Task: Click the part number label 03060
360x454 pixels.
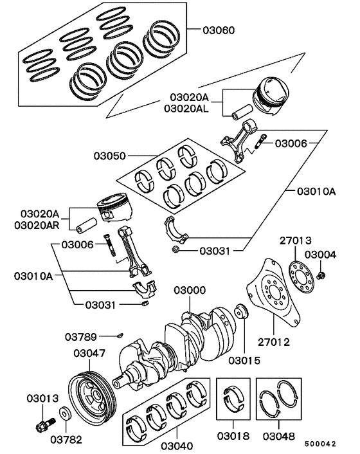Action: pyautogui.click(x=219, y=30)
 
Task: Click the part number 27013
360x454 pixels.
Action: pyautogui.click(x=294, y=241)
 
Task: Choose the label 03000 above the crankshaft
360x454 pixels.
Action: pyautogui.click(x=189, y=291)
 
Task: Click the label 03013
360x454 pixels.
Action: pyautogui.click(x=42, y=398)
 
